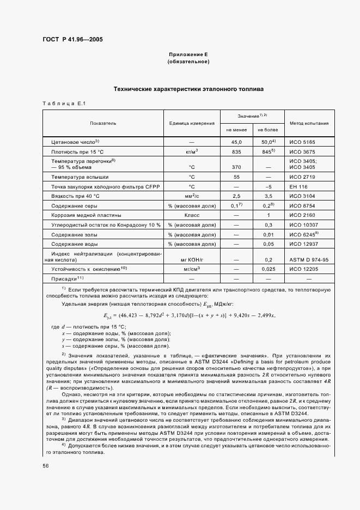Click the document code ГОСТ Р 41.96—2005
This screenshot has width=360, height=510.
tap(72, 39)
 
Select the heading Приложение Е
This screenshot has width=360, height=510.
tap(188, 55)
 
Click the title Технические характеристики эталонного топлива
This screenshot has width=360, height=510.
tap(188, 88)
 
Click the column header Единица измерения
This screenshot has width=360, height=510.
tap(191, 124)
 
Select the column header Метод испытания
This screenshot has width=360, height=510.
tap(309, 124)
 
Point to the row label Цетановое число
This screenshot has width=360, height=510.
tap(75, 142)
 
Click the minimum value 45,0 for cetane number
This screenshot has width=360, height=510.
tap(236, 142)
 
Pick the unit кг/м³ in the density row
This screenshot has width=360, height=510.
tap(192, 151)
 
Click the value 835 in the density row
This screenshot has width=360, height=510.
tap(236, 151)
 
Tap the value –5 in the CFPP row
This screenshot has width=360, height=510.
tap(267, 186)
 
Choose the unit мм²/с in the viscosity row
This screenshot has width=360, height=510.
tap(192, 195)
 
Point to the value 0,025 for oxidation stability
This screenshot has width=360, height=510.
tap(267, 269)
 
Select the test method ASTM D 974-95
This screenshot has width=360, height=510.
tap(308, 260)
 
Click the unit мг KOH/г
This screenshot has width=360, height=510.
tap(192, 260)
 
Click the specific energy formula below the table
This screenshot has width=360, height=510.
tap(189, 315)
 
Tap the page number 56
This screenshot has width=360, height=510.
tap(45, 466)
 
